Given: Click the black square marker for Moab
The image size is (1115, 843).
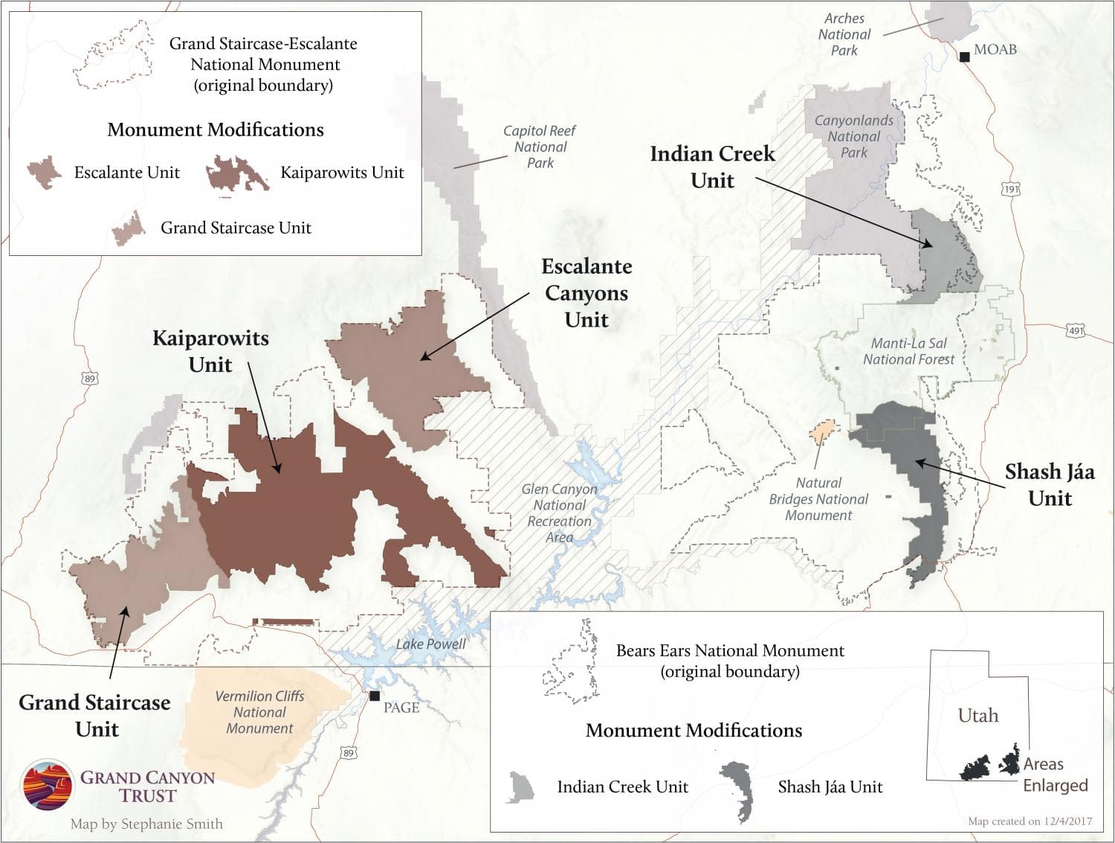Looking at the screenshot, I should click(x=964, y=56).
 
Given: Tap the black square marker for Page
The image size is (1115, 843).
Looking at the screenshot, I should click(x=375, y=696).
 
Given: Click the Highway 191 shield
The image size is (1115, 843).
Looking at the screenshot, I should click(x=1012, y=189).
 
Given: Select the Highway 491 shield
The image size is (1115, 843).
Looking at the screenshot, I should click(x=1076, y=330).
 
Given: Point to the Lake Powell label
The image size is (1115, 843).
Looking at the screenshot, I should click(x=431, y=644).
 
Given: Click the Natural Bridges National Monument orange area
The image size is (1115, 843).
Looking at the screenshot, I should click(x=824, y=431).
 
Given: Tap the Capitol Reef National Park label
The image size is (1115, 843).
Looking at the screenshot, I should click(x=540, y=147).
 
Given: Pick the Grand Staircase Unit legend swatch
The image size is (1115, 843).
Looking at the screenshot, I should click(x=129, y=228).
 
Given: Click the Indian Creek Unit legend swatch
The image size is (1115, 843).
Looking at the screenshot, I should click(x=520, y=787).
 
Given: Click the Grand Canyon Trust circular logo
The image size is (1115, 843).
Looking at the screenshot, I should click(x=48, y=785).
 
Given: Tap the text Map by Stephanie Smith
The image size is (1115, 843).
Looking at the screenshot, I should click(x=146, y=824).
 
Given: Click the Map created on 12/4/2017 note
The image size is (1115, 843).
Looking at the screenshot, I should click(x=1030, y=821).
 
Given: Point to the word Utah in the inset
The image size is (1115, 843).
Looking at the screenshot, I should click(x=977, y=716).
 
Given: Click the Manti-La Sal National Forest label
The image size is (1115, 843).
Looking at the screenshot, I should click(x=908, y=351).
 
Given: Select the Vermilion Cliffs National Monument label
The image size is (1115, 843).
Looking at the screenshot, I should click(x=259, y=712).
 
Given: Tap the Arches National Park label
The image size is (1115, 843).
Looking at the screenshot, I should click(x=844, y=34).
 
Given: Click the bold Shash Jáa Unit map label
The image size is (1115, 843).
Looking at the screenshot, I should click(x=1049, y=484).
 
